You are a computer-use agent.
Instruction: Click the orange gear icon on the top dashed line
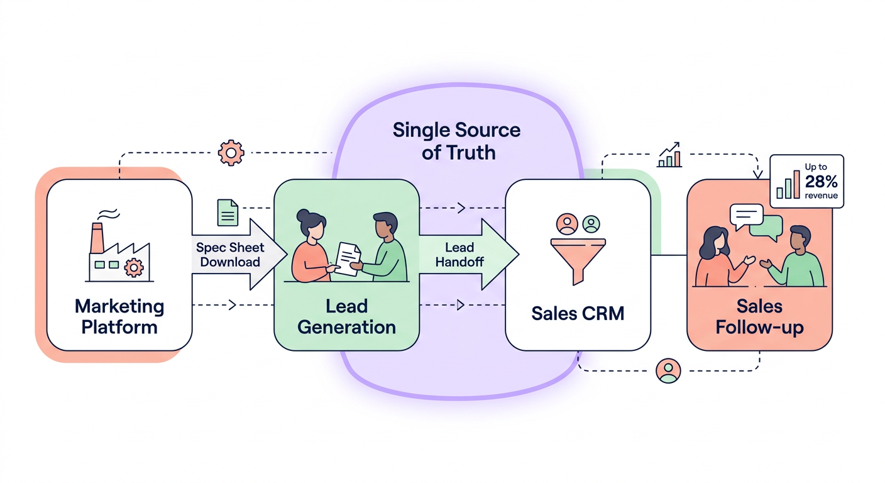(x=231, y=153)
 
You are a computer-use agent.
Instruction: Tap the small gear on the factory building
(x=133, y=267)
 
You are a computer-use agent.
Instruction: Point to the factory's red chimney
(x=97, y=238)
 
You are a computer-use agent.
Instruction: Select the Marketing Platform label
(x=119, y=317)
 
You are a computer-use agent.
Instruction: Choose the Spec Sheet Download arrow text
(x=230, y=255)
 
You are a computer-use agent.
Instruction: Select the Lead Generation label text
(x=346, y=317)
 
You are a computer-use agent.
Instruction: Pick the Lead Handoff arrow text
(x=459, y=255)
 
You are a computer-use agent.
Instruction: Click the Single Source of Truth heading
(x=457, y=141)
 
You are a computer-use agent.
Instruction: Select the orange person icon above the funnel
(x=567, y=223)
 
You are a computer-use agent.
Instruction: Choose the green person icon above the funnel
(x=591, y=223)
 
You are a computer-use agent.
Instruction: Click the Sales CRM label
(x=578, y=313)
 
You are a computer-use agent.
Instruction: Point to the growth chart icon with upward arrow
(x=669, y=155)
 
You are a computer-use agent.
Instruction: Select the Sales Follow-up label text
(x=759, y=317)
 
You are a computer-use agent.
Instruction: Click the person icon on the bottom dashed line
(x=668, y=370)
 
